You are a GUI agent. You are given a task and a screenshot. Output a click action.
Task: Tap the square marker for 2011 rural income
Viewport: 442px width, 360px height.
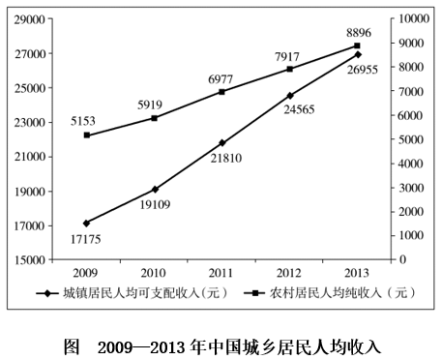[x=222, y=92]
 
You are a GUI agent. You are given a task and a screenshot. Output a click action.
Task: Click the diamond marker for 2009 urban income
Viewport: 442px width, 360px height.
[x=87, y=224]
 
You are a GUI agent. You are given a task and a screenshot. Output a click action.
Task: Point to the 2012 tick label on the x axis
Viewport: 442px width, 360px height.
[x=290, y=273]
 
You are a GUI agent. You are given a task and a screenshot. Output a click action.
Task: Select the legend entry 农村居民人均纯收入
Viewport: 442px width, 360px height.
[x=329, y=294]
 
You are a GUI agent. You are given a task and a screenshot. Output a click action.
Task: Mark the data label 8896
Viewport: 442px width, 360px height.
[x=358, y=32]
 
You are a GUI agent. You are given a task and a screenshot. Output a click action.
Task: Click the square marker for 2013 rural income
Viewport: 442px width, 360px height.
[x=357, y=45]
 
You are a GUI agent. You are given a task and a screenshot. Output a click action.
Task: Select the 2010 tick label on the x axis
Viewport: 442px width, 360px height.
[x=155, y=273]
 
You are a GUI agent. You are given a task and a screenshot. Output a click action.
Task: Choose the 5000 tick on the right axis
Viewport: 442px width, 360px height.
[x=412, y=139]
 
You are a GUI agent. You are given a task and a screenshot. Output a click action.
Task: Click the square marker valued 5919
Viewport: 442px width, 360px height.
[x=155, y=118]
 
